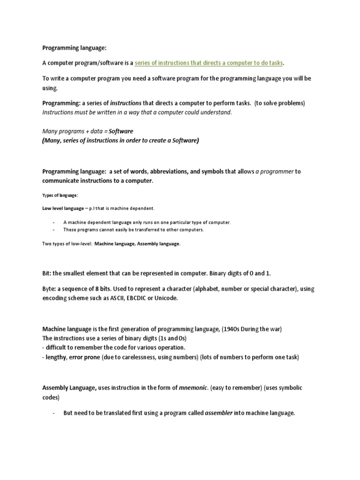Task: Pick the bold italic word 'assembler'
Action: coord(219,413)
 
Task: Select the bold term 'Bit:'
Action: coord(48,273)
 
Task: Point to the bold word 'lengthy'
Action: coord(56,357)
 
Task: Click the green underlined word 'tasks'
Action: coord(276,63)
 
